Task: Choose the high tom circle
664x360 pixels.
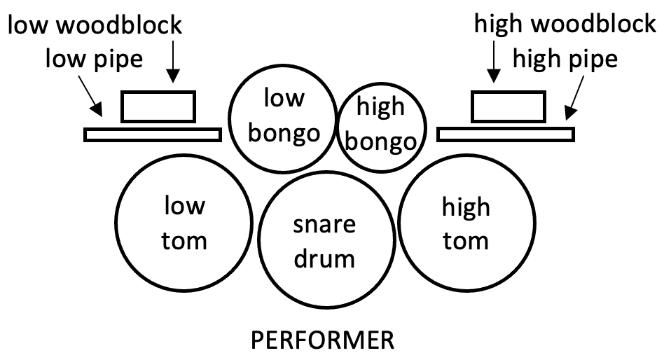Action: click(x=465, y=224)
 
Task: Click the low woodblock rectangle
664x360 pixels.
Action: click(x=158, y=106)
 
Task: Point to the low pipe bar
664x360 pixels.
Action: click(x=153, y=134)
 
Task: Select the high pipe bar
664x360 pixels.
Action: click(x=506, y=134)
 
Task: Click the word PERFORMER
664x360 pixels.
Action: click(x=322, y=342)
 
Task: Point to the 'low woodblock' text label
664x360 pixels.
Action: click(x=95, y=25)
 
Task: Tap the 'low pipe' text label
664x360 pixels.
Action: click(x=94, y=58)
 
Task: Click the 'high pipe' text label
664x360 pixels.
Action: click(x=565, y=58)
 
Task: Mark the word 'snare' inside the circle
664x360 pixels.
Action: click(x=324, y=225)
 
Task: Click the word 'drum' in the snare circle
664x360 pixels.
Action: click(x=324, y=258)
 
